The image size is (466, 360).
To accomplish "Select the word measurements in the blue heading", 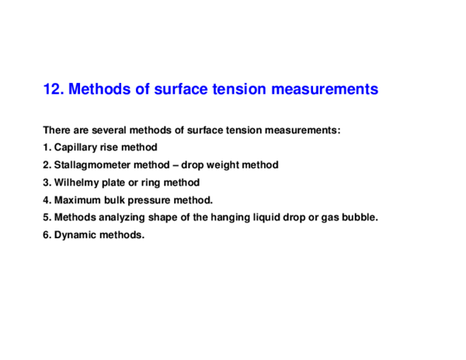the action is [325, 88].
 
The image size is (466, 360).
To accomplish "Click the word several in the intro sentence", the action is [109, 130].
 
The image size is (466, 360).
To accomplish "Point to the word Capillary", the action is [76, 147].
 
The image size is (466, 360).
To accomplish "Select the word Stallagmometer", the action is [92, 165].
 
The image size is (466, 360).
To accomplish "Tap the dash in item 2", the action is [176, 165].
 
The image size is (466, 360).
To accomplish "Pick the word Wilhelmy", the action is [77, 182].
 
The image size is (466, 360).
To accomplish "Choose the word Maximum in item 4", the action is [78, 200].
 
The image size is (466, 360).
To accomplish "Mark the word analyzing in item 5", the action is [122, 217].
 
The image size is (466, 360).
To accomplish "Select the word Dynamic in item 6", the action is [75, 235].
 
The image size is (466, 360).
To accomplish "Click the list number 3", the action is [47, 182].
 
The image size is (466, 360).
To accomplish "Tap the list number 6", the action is [47, 235].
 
